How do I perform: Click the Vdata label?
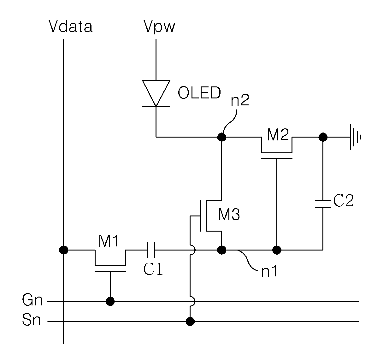coord(70,26)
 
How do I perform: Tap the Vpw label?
coord(159,27)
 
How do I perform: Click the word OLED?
coord(199,93)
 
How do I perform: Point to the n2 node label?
coord(240,100)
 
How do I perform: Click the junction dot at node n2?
coord(222,137)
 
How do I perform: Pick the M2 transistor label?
coord(278,134)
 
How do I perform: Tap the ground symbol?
coord(356,137)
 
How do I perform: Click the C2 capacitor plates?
coord(323,204)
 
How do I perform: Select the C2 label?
coord(343,200)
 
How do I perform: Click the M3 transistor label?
coord(229,215)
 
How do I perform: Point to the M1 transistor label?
coord(109,241)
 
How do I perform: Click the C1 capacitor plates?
coord(150,250)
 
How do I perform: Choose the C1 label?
coord(153,269)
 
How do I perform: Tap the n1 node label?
coord(269,271)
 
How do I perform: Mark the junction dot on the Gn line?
coord(110,301)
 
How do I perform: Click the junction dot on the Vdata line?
coord(63,250)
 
